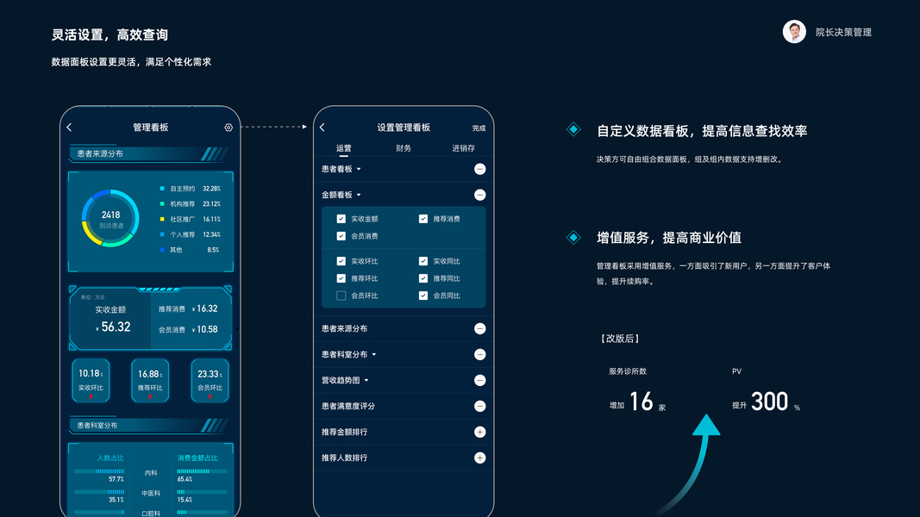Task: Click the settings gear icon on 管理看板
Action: (228, 128)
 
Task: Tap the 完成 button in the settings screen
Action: (479, 128)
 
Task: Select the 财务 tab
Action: (404, 148)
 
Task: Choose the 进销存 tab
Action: (463, 148)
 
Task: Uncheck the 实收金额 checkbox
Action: (341, 219)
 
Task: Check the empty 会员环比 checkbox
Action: (341, 296)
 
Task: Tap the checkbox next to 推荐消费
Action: (423, 219)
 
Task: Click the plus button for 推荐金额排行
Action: (479, 432)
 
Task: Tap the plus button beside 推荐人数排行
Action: (479, 458)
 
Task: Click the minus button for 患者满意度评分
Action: (479, 406)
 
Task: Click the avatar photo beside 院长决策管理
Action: (794, 32)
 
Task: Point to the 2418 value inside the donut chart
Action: (110, 215)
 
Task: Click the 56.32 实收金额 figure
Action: (116, 327)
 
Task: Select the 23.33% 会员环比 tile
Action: (210, 380)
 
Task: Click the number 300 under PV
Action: (769, 402)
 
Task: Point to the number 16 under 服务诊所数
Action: (641, 402)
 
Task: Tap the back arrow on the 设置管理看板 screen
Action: (322, 128)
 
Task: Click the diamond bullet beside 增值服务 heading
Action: (573, 237)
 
